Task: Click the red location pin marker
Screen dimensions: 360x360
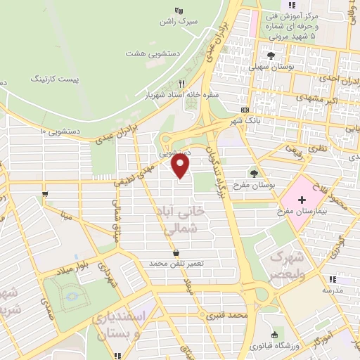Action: [x=181, y=166]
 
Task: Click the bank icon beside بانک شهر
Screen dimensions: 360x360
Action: [x=245, y=110]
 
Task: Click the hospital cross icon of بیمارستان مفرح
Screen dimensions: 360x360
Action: [x=302, y=200]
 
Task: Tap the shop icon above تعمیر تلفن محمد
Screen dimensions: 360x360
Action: [x=175, y=253]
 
